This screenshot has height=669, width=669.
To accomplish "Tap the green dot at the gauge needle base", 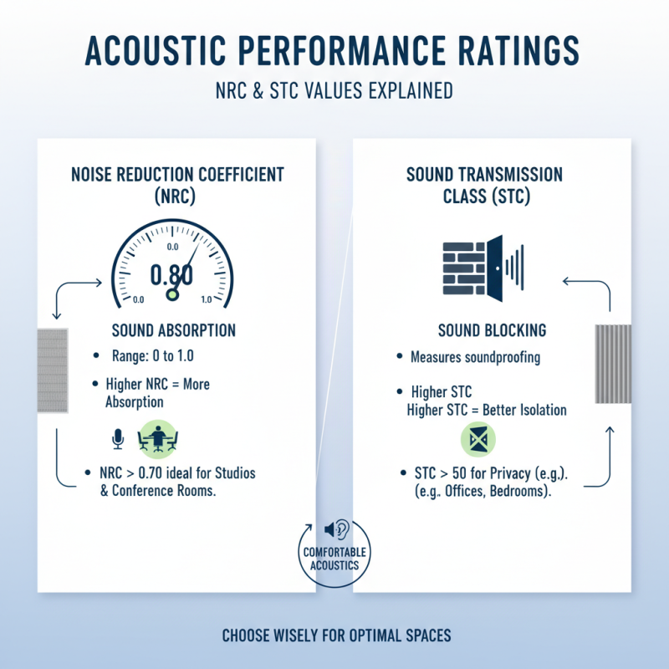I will [174, 294].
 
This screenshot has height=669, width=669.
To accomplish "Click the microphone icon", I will [118, 438].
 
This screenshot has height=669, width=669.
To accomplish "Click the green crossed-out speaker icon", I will [478, 439].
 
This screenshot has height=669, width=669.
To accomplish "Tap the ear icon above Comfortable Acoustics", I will [339, 529].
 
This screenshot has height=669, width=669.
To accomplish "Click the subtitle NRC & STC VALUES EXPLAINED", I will [334, 90].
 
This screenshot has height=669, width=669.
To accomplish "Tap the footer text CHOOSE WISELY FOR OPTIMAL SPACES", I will [336, 636].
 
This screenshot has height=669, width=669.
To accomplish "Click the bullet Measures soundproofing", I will [475, 357].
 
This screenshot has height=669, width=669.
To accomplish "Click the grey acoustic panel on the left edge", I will [53, 370].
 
